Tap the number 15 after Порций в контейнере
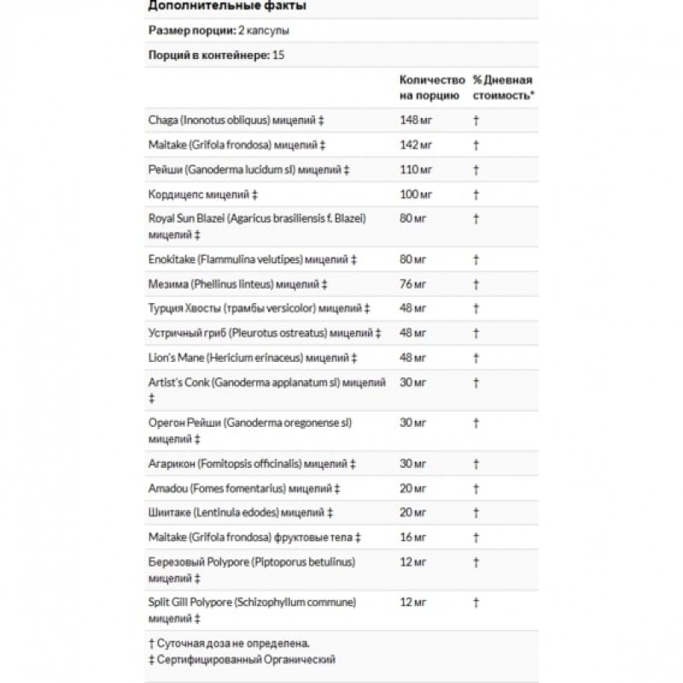tap(278, 54)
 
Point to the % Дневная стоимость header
tap(504, 87)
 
